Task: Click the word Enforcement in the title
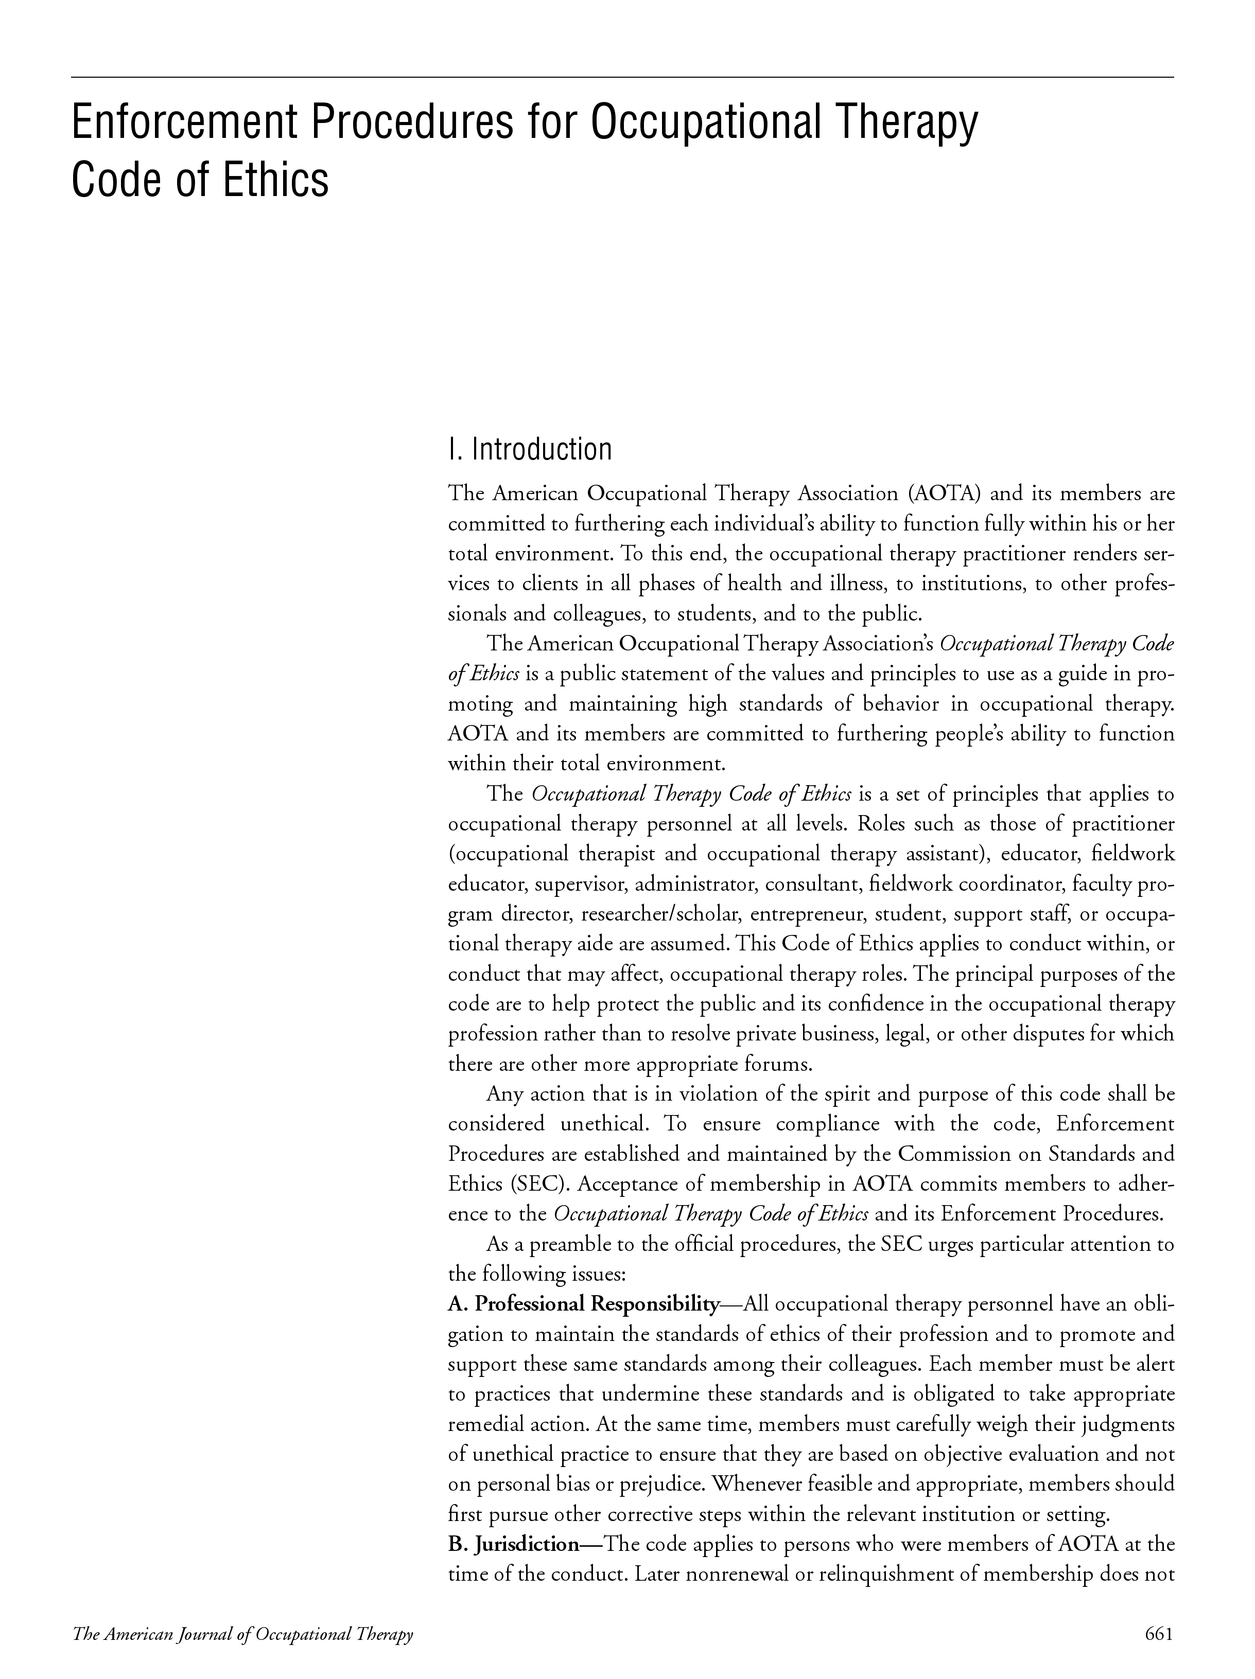tap(182, 123)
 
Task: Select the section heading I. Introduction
tap(530, 449)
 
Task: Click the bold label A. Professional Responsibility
tap(583, 1305)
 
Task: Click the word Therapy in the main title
tap(900, 123)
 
